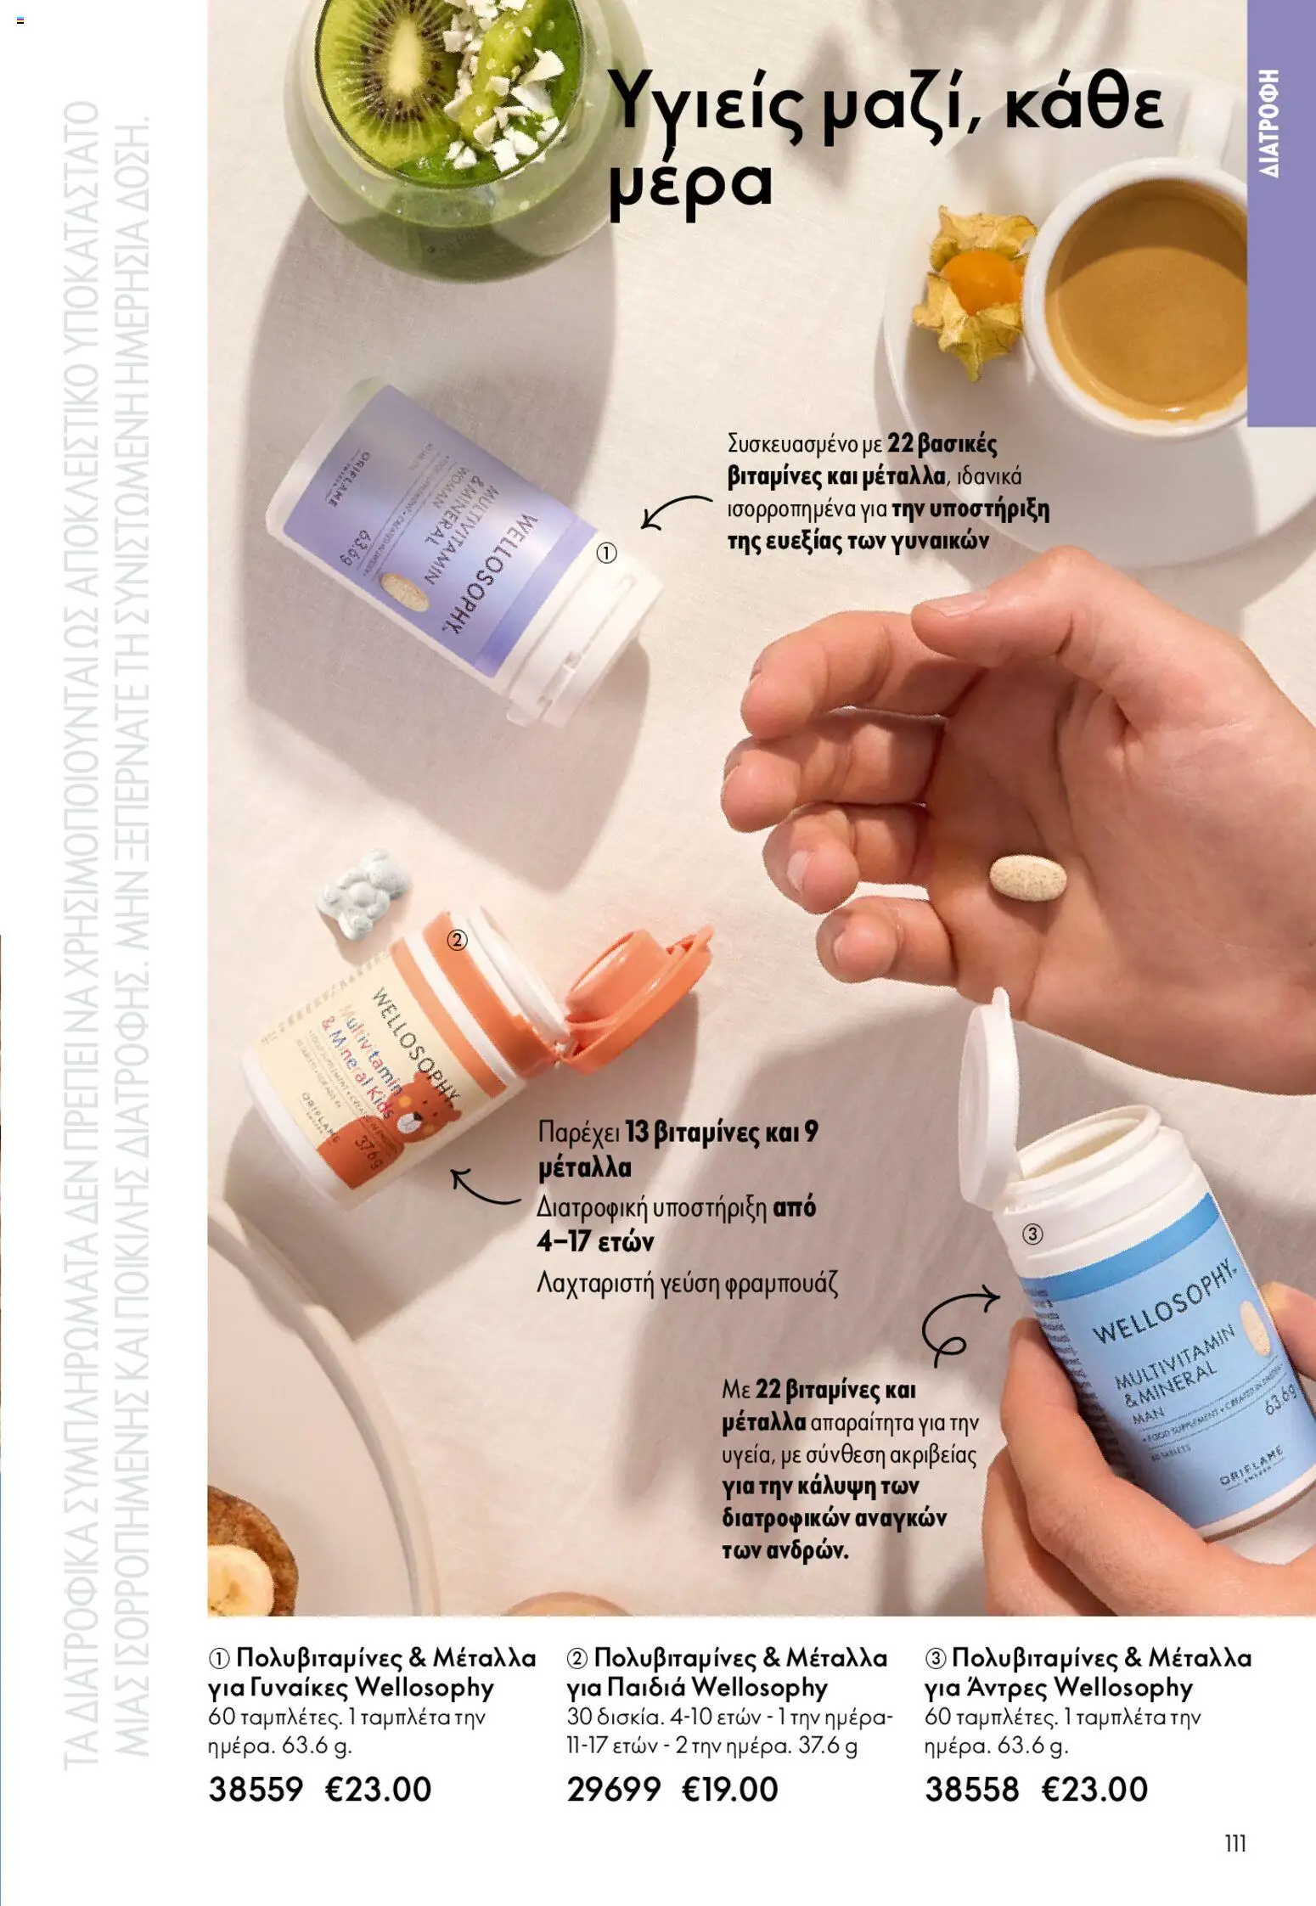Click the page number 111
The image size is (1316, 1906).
(1235, 1843)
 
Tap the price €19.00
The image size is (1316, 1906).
(730, 1789)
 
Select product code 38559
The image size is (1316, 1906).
(255, 1789)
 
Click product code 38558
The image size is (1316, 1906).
(971, 1789)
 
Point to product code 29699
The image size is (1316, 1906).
(613, 1789)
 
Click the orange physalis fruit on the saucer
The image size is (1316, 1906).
(982, 283)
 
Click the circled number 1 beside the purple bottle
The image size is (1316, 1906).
(606, 554)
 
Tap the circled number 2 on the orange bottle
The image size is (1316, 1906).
(457, 940)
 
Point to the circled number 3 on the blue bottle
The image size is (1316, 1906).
(1032, 1234)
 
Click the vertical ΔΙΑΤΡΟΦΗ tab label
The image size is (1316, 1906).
(1270, 123)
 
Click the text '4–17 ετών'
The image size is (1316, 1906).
(595, 1241)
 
